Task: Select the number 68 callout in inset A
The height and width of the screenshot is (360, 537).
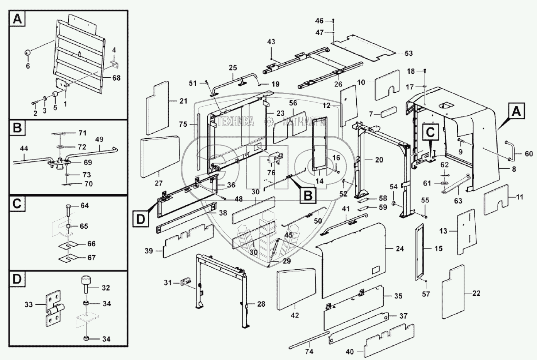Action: tap(116, 78)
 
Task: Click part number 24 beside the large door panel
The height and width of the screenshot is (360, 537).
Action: tap(400, 249)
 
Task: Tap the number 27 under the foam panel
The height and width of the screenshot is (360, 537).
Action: tap(159, 183)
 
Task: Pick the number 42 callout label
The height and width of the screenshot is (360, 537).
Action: tap(295, 316)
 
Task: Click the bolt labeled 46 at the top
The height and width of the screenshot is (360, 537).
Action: tap(333, 20)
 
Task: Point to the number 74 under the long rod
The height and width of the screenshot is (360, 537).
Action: tap(309, 352)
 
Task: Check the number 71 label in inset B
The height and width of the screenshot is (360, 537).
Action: tap(82, 133)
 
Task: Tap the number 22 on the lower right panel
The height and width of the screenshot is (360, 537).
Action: tap(476, 294)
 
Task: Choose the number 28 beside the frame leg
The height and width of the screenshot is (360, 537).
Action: tap(261, 304)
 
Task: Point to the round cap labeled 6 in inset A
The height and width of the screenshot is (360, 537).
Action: tap(28, 53)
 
